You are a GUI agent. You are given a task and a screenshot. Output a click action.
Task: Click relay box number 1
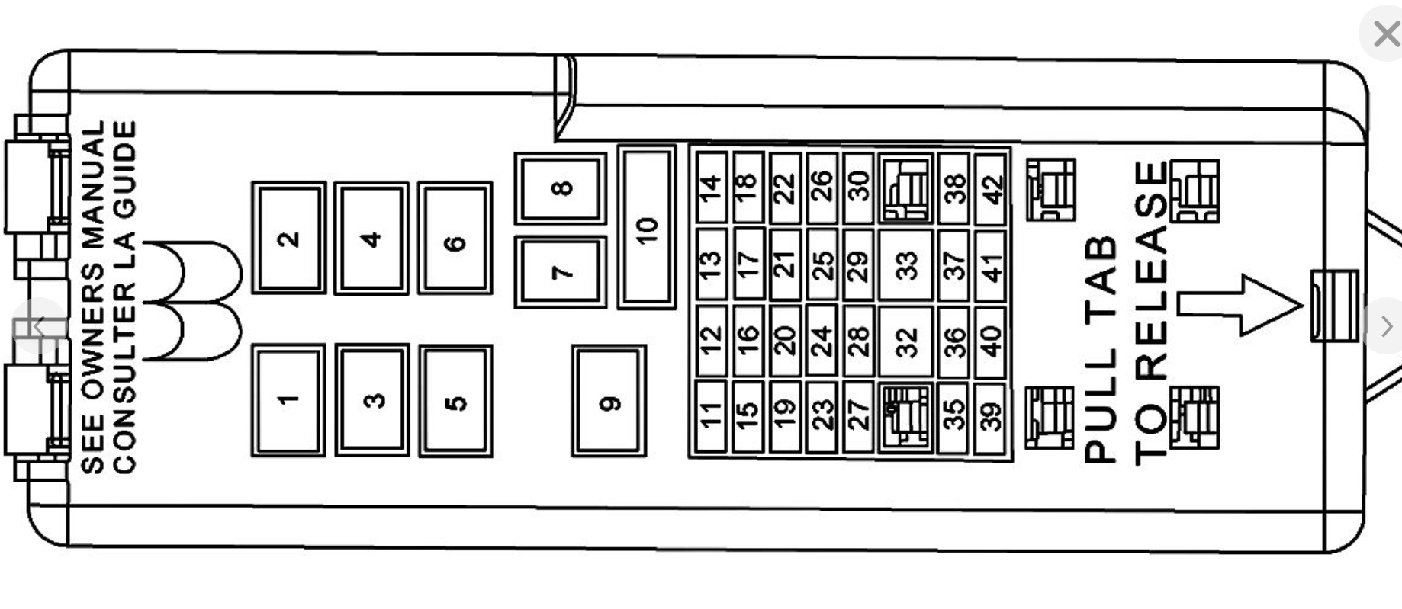[x=288, y=400]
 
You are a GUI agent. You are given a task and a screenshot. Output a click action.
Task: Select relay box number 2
[x=288, y=239]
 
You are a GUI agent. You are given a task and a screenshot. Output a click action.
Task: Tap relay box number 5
[x=455, y=401]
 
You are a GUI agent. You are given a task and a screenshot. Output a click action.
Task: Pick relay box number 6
[x=455, y=241]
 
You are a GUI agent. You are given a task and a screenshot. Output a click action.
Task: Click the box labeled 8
[x=561, y=188]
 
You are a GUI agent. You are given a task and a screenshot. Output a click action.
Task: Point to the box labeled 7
[x=561, y=272]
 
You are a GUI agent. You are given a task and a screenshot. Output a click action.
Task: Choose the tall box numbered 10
[x=646, y=227]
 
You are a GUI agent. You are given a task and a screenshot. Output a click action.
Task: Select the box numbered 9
[x=609, y=402]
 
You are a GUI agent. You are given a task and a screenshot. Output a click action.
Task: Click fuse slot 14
[x=711, y=188]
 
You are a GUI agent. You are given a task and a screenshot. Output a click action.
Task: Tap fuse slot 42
[x=992, y=188]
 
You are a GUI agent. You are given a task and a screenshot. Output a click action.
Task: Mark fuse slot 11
[x=711, y=416]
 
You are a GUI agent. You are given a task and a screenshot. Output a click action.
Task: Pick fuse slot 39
[x=990, y=418]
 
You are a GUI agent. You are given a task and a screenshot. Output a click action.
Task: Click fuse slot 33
[x=905, y=266]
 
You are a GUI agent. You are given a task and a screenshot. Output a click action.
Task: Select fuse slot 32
[x=905, y=341]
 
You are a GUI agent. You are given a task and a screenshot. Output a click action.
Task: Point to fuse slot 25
[x=822, y=265]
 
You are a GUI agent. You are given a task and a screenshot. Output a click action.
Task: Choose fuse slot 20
[x=785, y=341]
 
